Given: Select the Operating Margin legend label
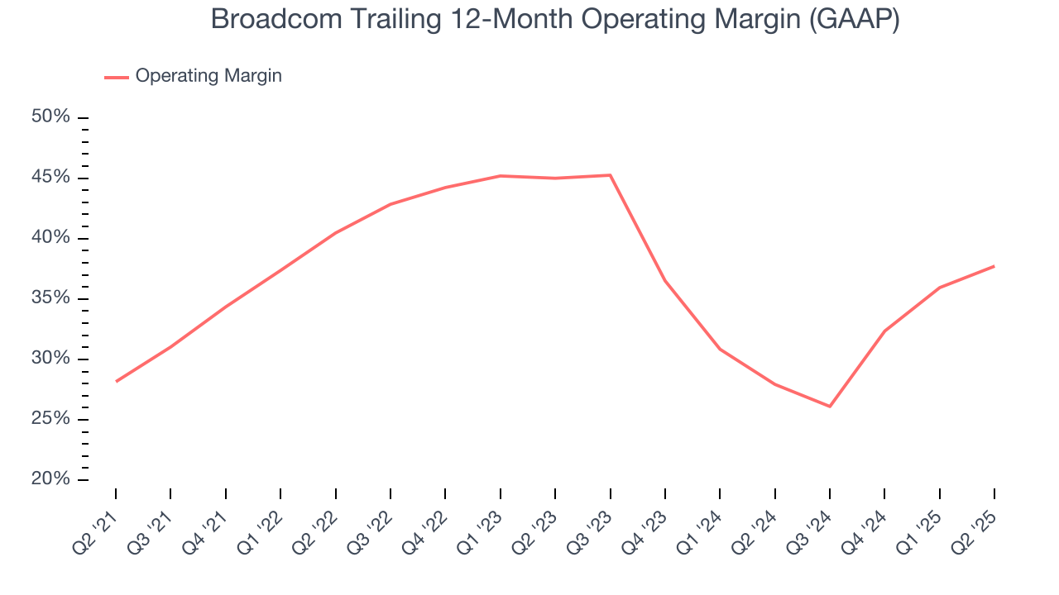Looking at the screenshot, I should pos(208,76).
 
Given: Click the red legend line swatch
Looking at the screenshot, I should pos(116,77).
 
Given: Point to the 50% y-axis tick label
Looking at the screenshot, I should pos(50,117).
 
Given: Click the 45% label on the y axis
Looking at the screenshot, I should pos(50,178).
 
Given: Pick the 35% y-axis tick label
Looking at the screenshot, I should pos(50,298).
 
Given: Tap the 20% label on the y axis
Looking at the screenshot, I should pos(50,479).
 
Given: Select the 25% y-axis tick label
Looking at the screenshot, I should pos(50,419).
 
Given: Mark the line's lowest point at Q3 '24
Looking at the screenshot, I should pos(830,407).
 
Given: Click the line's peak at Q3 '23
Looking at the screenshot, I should pos(610,175).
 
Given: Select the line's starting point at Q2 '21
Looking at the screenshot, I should pos(116,381).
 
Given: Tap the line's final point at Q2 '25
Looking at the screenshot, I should pos(994,266).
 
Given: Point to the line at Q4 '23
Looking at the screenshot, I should pos(665,281).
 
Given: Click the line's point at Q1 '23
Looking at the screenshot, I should pos(501,176).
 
